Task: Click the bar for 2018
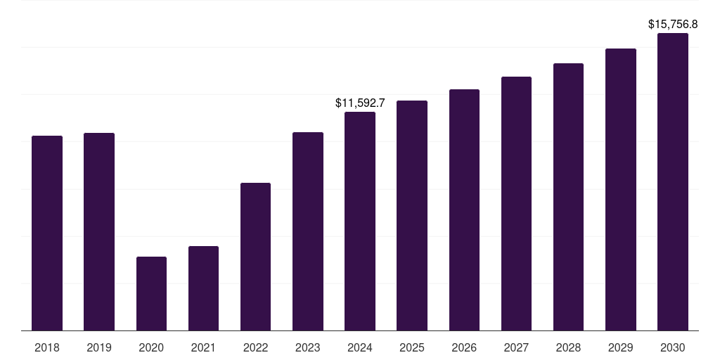click(47, 233)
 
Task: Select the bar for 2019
click(99, 231)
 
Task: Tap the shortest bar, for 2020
click(151, 293)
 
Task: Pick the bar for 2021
click(203, 288)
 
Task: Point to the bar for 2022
click(255, 257)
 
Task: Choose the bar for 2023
click(308, 231)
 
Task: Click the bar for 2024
click(360, 221)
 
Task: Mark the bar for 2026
click(464, 210)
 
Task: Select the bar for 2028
click(568, 197)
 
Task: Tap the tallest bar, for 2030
click(673, 181)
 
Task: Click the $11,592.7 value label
click(360, 103)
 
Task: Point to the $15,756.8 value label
click(673, 25)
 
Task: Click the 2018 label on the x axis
click(47, 347)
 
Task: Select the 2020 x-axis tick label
click(151, 347)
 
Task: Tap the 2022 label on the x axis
click(255, 347)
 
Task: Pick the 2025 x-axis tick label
click(412, 347)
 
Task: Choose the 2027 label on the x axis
click(516, 347)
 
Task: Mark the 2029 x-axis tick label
click(621, 347)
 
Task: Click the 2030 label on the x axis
click(673, 347)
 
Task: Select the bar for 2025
click(412, 215)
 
